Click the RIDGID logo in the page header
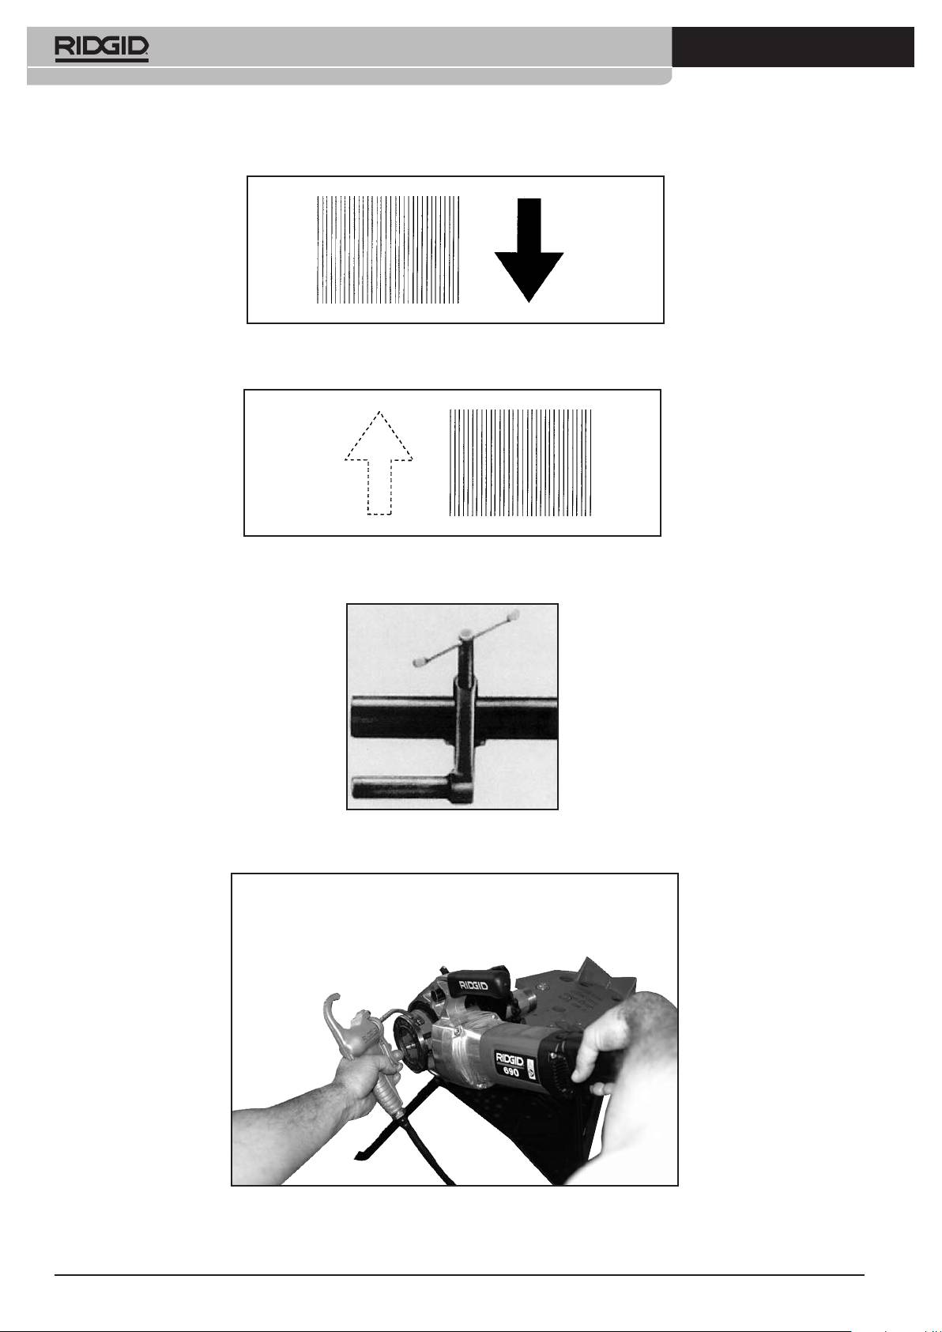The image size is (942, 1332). [102, 49]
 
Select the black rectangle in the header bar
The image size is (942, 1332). [793, 47]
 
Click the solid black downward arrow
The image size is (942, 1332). [529, 250]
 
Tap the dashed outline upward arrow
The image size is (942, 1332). [379, 462]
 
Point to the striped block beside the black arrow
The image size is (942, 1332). [388, 250]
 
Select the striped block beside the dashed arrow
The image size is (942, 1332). [521, 462]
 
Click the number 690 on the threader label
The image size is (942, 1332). [511, 1073]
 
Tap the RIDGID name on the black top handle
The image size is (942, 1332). [473, 986]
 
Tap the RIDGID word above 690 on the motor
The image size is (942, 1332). [510, 1060]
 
